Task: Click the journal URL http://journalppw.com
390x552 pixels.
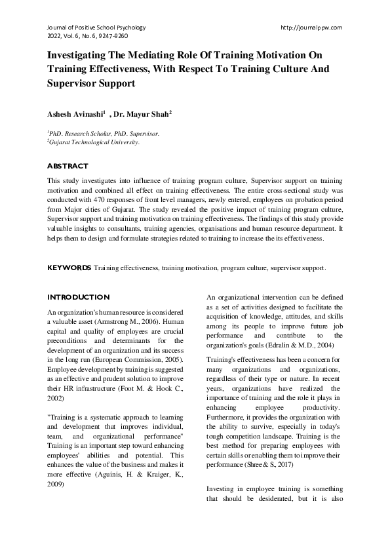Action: click(x=311, y=28)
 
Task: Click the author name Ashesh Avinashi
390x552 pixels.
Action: click(x=73, y=113)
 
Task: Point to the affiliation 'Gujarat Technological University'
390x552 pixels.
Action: click(x=94, y=142)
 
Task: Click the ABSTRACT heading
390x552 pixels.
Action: click(x=68, y=167)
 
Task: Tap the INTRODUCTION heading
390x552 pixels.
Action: click(x=78, y=297)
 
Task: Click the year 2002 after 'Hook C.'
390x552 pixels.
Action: click(x=56, y=397)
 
